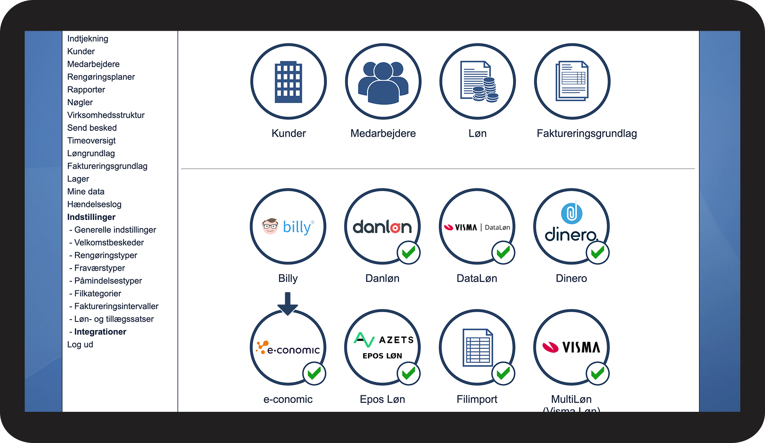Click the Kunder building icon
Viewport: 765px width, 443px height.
[x=288, y=81]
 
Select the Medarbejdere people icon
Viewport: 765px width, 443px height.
[x=383, y=81]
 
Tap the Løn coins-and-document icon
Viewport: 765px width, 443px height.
[x=478, y=81]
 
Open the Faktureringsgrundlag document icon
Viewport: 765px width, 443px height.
[x=572, y=81]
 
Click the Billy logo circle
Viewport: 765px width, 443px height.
[x=288, y=226]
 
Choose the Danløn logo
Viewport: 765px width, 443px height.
[x=382, y=226]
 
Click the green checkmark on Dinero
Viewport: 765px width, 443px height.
[x=597, y=252]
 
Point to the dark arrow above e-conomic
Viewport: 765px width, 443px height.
[x=287, y=304]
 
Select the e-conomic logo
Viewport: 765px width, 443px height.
[x=288, y=348]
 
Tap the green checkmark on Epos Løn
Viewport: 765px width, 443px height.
[x=408, y=373]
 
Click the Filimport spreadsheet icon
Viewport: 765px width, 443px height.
[x=478, y=347]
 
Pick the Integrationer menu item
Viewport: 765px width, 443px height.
[x=100, y=332]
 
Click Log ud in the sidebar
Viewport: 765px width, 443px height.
[x=80, y=344]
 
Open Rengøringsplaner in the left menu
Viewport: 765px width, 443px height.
[x=101, y=77]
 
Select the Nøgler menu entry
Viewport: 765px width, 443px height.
[x=80, y=102]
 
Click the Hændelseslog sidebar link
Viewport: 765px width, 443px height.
[x=94, y=204]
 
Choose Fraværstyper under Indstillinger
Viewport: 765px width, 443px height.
[x=100, y=268]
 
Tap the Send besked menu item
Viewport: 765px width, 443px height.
[x=92, y=128]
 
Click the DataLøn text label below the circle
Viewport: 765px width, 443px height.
[x=477, y=278]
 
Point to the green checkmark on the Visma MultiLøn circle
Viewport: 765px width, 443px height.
[x=597, y=373]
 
